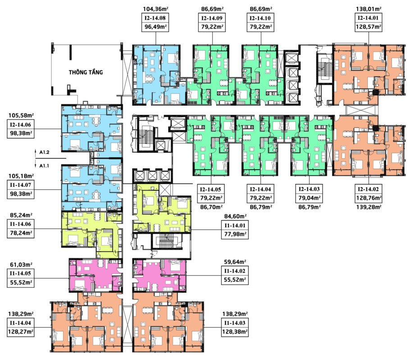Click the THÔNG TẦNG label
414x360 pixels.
86,72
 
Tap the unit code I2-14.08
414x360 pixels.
155,18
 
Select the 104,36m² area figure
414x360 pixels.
155,9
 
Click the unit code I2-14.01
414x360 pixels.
368,18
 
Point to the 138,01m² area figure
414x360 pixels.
369,9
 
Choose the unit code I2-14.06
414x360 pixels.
20,125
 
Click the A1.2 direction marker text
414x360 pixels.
44,153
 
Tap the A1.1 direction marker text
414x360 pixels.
44,166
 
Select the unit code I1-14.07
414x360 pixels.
20,185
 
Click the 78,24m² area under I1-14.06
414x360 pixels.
21,233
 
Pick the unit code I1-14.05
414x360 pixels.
20,273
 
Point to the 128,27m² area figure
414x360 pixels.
21,332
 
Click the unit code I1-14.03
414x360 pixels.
235,323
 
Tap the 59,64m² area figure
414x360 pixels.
235,262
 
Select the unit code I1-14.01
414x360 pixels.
235,225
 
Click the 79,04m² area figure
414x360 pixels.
309,198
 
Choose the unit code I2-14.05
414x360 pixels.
210,189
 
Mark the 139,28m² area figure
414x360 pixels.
369,207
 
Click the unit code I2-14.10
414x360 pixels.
260,18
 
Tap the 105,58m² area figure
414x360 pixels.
21,116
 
